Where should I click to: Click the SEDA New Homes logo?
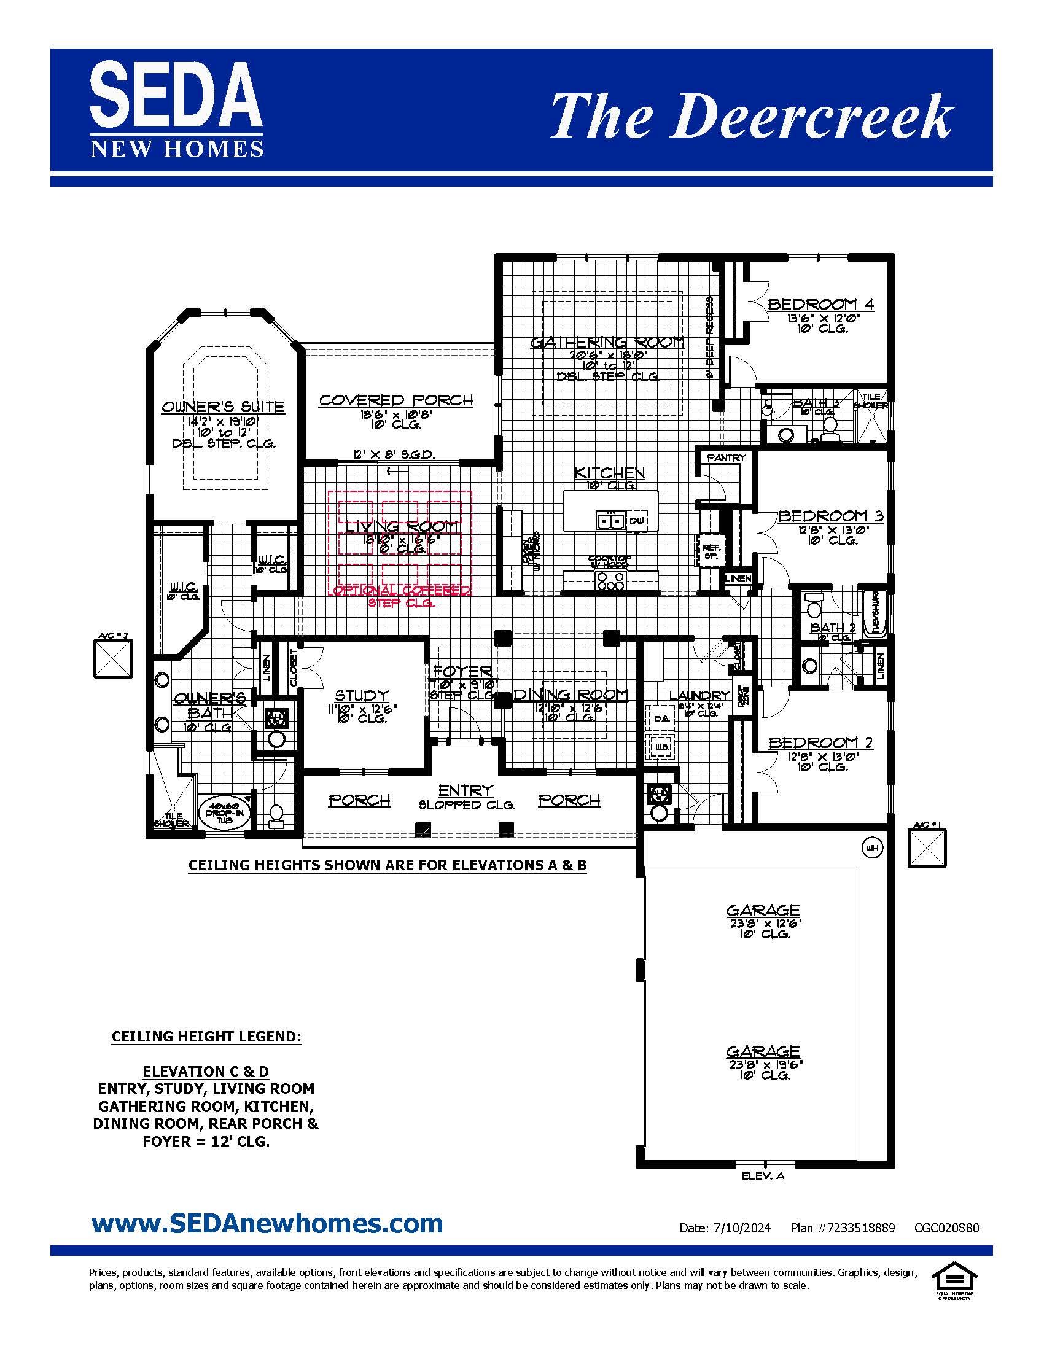pyautogui.click(x=176, y=109)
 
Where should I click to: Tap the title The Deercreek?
pyautogui.click(x=751, y=116)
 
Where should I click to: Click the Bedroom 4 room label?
pyautogui.click(x=820, y=304)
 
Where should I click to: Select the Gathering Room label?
pyautogui.click(x=608, y=342)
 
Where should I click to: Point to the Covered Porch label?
pyautogui.click(x=396, y=400)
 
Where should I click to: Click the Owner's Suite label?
pyautogui.click(x=223, y=407)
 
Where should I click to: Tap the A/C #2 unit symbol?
pyautogui.click(x=112, y=658)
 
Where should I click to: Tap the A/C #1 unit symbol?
pyautogui.click(x=927, y=848)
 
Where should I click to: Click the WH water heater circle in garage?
pyautogui.click(x=872, y=847)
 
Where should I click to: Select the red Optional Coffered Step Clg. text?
pyautogui.click(x=402, y=596)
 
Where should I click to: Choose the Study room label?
pyautogui.click(x=361, y=695)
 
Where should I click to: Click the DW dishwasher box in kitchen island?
pyautogui.click(x=637, y=521)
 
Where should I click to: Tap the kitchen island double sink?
pyautogui.click(x=610, y=521)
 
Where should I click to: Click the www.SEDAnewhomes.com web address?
pyautogui.click(x=267, y=1222)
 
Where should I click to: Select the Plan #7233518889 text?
pyautogui.click(x=842, y=1228)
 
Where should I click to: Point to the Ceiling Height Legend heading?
pyautogui.click(x=206, y=1036)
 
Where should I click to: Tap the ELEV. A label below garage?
pyautogui.click(x=763, y=1175)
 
